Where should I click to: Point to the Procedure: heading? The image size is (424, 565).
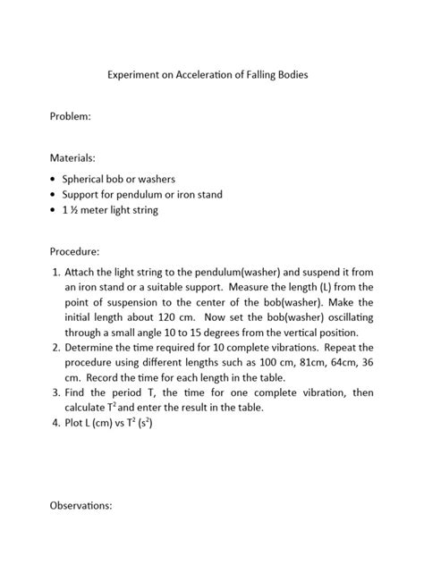click(x=74, y=251)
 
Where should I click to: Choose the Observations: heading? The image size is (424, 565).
click(x=81, y=505)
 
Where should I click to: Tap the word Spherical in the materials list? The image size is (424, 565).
click(x=85, y=179)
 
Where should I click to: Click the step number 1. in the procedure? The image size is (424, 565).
click(x=53, y=271)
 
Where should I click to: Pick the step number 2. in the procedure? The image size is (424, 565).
click(x=53, y=346)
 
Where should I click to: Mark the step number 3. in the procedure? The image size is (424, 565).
click(x=53, y=392)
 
